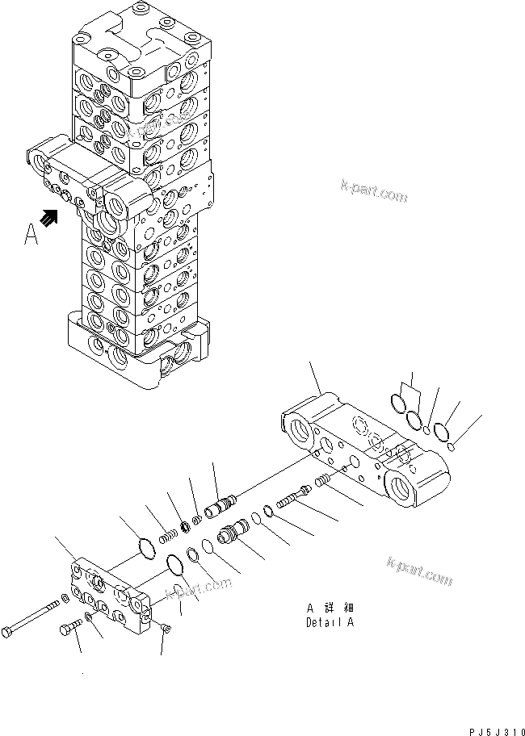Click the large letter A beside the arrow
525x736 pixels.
[x=31, y=233]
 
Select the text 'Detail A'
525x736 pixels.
[x=330, y=623]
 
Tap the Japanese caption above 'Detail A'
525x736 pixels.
[x=330, y=608]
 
